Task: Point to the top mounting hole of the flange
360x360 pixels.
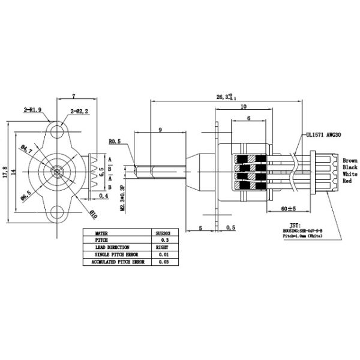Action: click(x=59, y=130)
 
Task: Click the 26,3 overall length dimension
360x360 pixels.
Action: click(x=226, y=97)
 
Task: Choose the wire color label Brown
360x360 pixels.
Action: click(x=350, y=161)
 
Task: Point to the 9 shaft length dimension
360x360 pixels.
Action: click(x=160, y=130)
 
